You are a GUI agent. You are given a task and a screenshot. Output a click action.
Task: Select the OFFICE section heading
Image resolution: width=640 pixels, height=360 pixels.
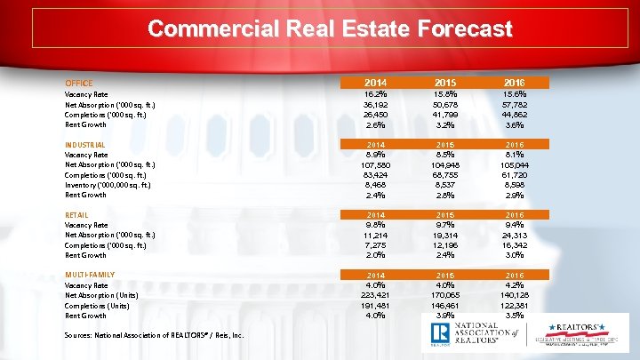click(x=79, y=83)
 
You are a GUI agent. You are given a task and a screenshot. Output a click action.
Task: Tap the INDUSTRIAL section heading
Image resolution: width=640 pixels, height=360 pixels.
click(x=86, y=144)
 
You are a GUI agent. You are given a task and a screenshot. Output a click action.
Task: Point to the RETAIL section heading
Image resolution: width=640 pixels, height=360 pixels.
click(x=77, y=214)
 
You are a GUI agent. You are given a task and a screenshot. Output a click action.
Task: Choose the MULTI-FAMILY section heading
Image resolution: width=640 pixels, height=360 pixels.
click(x=90, y=275)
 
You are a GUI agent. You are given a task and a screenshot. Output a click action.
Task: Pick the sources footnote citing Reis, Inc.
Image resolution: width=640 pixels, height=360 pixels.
click(x=143, y=334)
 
